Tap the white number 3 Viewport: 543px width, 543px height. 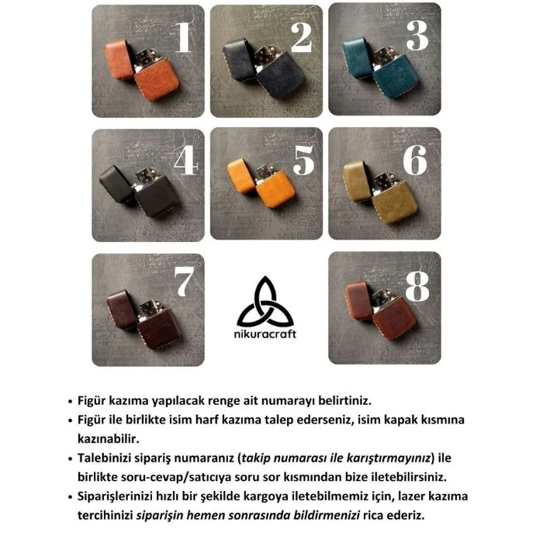pyautogui.click(x=417, y=36)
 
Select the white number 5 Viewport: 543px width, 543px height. pyautogui.click(x=304, y=160)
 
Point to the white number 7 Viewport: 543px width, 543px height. pyautogui.click(x=183, y=282)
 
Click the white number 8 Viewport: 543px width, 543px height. pyautogui.click(x=417, y=286)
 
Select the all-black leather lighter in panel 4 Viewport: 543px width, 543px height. pyautogui.click(x=139, y=191)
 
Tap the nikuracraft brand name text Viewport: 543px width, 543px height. pyautogui.click(x=265, y=334)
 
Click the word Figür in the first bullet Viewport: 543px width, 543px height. pyautogui.click(x=92, y=401)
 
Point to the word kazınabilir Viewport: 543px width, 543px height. pyautogui.click(x=109, y=439)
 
